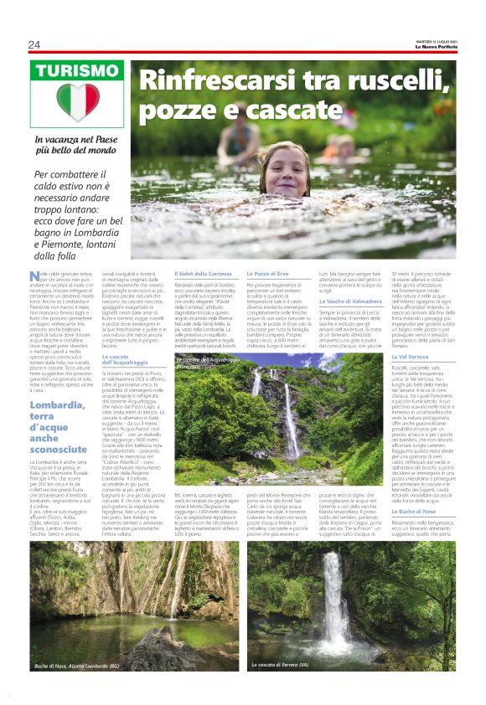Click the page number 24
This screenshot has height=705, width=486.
pyautogui.click(x=34, y=44)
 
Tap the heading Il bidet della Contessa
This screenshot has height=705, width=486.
pyautogui.click(x=202, y=275)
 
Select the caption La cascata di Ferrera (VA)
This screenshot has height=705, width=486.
pyautogui.click(x=290, y=665)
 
